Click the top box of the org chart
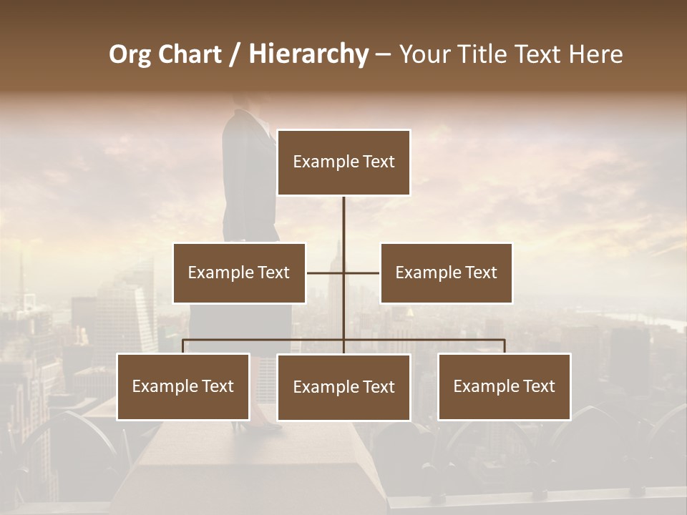point(343,162)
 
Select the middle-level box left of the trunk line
point(239,273)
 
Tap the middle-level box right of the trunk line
point(446,273)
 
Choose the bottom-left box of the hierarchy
point(183,386)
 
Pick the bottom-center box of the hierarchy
point(343,387)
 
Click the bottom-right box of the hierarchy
point(504,386)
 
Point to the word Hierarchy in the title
point(308,54)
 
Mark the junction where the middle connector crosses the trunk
point(343,273)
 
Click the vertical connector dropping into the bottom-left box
point(183,346)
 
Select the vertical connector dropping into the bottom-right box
point(505,346)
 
